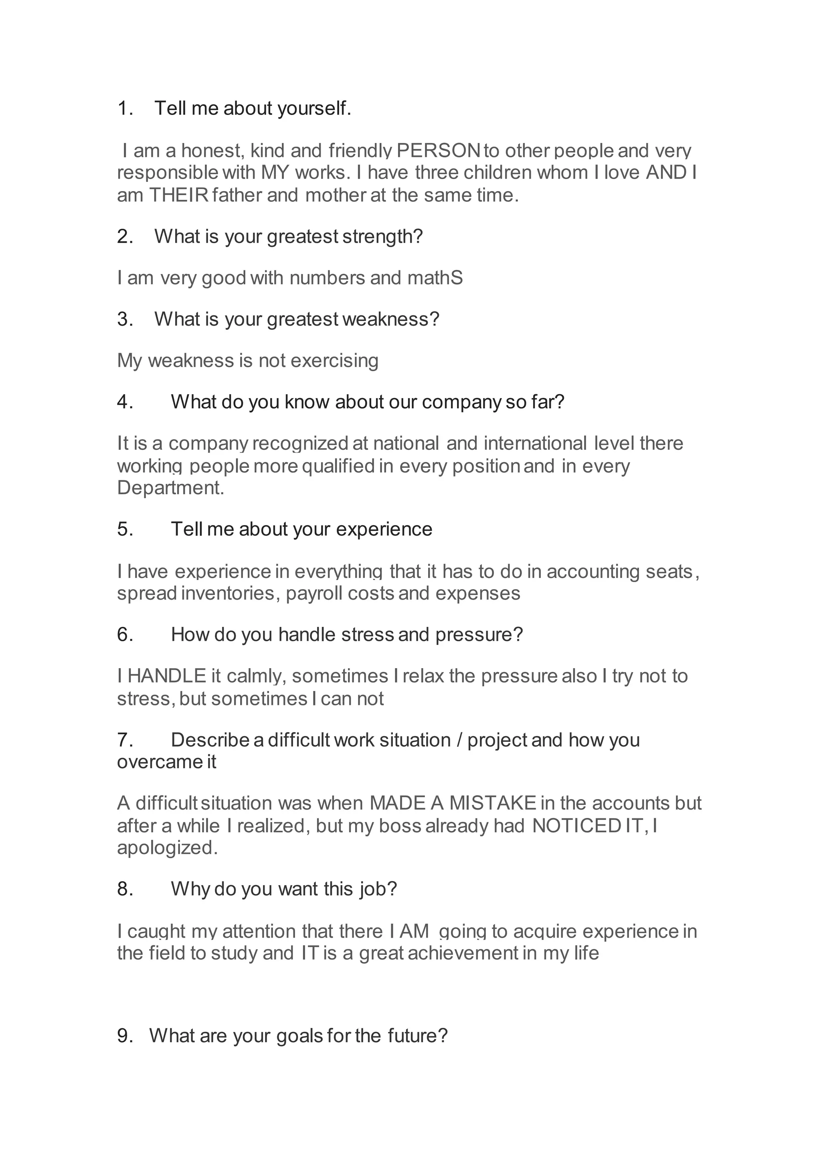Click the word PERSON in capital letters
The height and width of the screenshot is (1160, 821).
click(x=438, y=151)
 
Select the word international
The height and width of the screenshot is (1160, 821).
click(x=535, y=443)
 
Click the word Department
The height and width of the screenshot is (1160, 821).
click(x=170, y=488)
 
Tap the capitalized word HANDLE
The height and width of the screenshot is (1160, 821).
click(x=167, y=676)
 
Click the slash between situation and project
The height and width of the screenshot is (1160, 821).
click(x=459, y=740)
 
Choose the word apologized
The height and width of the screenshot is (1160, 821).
click(x=167, y=848)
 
